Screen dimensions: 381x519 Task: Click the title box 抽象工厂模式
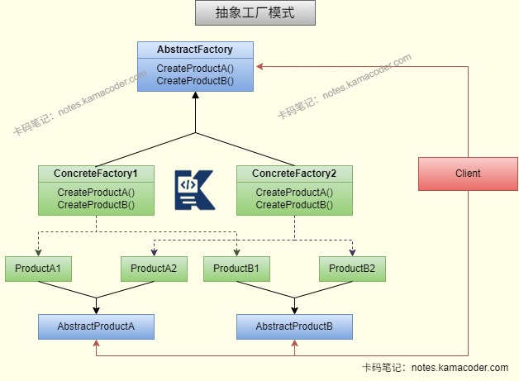[x=255, y=14]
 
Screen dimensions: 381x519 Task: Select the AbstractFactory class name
[x=195, y=50]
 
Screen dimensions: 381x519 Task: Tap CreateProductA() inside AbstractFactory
[x=195, y=69]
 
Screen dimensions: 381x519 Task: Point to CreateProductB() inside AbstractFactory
[x=195, y=81]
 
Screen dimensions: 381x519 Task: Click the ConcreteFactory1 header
[x=96, y=174]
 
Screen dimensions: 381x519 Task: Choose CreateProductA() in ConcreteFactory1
[x=96, y=193]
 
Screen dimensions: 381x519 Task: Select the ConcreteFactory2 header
[x=294, y=174]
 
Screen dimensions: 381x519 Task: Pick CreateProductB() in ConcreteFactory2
[x=294, y=204]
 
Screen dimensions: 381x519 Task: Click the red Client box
[x=468, y=174]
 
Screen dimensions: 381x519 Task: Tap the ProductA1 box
[x=38, y=269]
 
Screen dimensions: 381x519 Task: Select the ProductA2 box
[x=154, y=269]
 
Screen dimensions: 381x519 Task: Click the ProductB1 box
[x=236, y=269]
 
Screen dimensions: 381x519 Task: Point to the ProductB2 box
[x=352, y=269]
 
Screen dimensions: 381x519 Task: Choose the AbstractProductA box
[x=96, y=326]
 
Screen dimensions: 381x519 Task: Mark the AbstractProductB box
[x=294, y=326]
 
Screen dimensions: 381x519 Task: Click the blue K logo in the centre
[x=194, y=189]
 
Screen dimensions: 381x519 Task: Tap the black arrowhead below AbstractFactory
[x=195, y=96]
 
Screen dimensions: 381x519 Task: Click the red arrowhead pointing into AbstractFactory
[x=259, y=66]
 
